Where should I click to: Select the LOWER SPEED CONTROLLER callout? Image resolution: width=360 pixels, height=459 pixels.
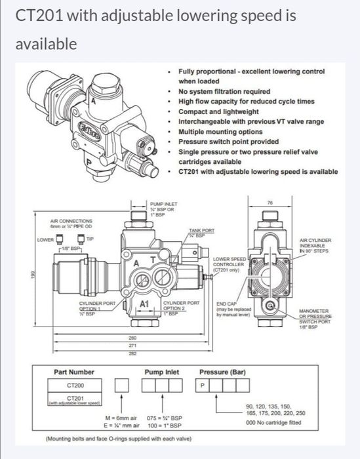point(229,264)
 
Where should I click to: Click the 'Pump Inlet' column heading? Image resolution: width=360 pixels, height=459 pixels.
point(162,372)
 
